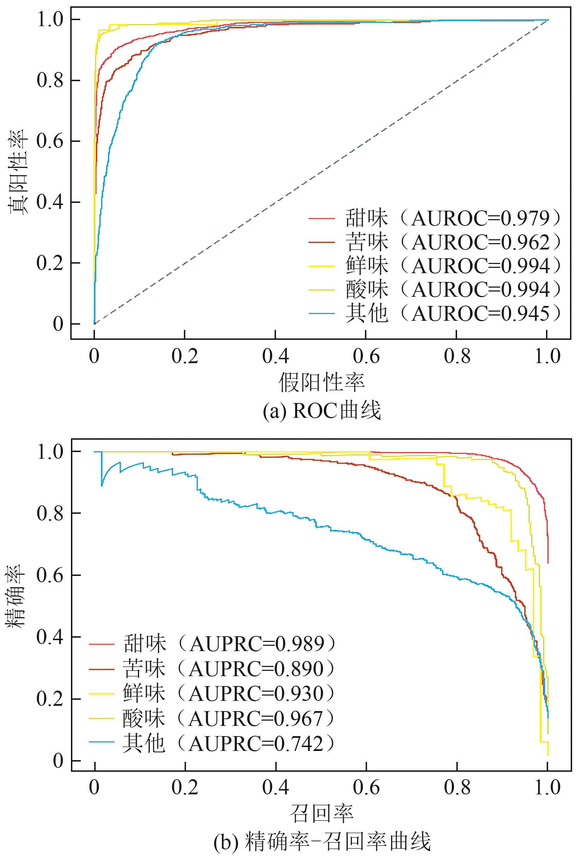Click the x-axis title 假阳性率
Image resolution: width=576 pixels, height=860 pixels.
[322, 382]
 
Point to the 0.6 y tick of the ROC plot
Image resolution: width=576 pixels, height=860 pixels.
[50, 142]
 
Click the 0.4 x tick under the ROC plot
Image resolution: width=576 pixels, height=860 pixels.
[276, 356]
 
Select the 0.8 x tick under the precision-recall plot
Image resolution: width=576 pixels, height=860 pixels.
[457, 786]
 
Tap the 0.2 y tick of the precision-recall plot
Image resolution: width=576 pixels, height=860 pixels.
[50, 699]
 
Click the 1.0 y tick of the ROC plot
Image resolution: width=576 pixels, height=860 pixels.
[50, 19]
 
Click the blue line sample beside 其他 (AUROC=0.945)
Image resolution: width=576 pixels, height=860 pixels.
[322, 314]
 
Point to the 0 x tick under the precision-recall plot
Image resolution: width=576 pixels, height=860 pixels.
[95, 786]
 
